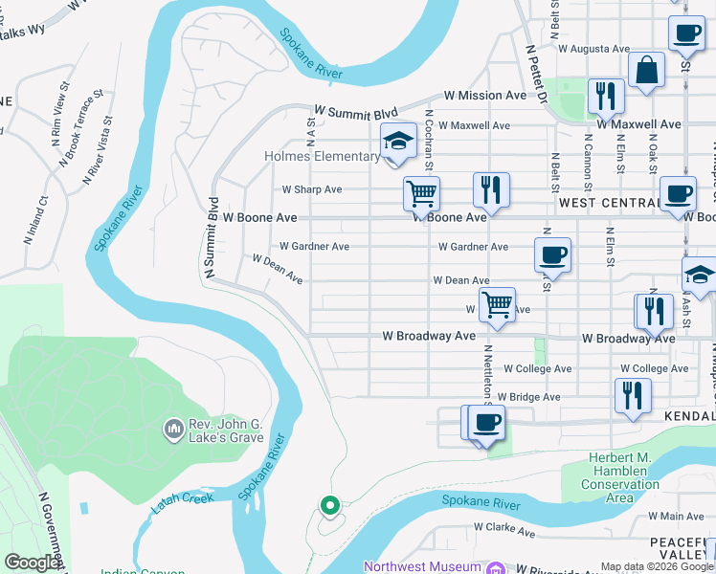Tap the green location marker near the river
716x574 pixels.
click(330, 504)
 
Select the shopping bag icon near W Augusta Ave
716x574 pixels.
click(647, 70)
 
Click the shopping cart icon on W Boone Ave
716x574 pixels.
click(421, 193)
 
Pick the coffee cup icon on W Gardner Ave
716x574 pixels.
click(552, 255)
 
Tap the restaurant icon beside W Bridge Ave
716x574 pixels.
click(633, 396)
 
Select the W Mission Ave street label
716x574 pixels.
click(485, 96)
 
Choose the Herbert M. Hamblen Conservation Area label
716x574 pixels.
click(620, 478)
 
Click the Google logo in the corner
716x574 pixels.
click(32, 563)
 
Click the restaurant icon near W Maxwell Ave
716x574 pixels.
click(606, 95)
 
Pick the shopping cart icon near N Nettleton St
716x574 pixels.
click(496, 305)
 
